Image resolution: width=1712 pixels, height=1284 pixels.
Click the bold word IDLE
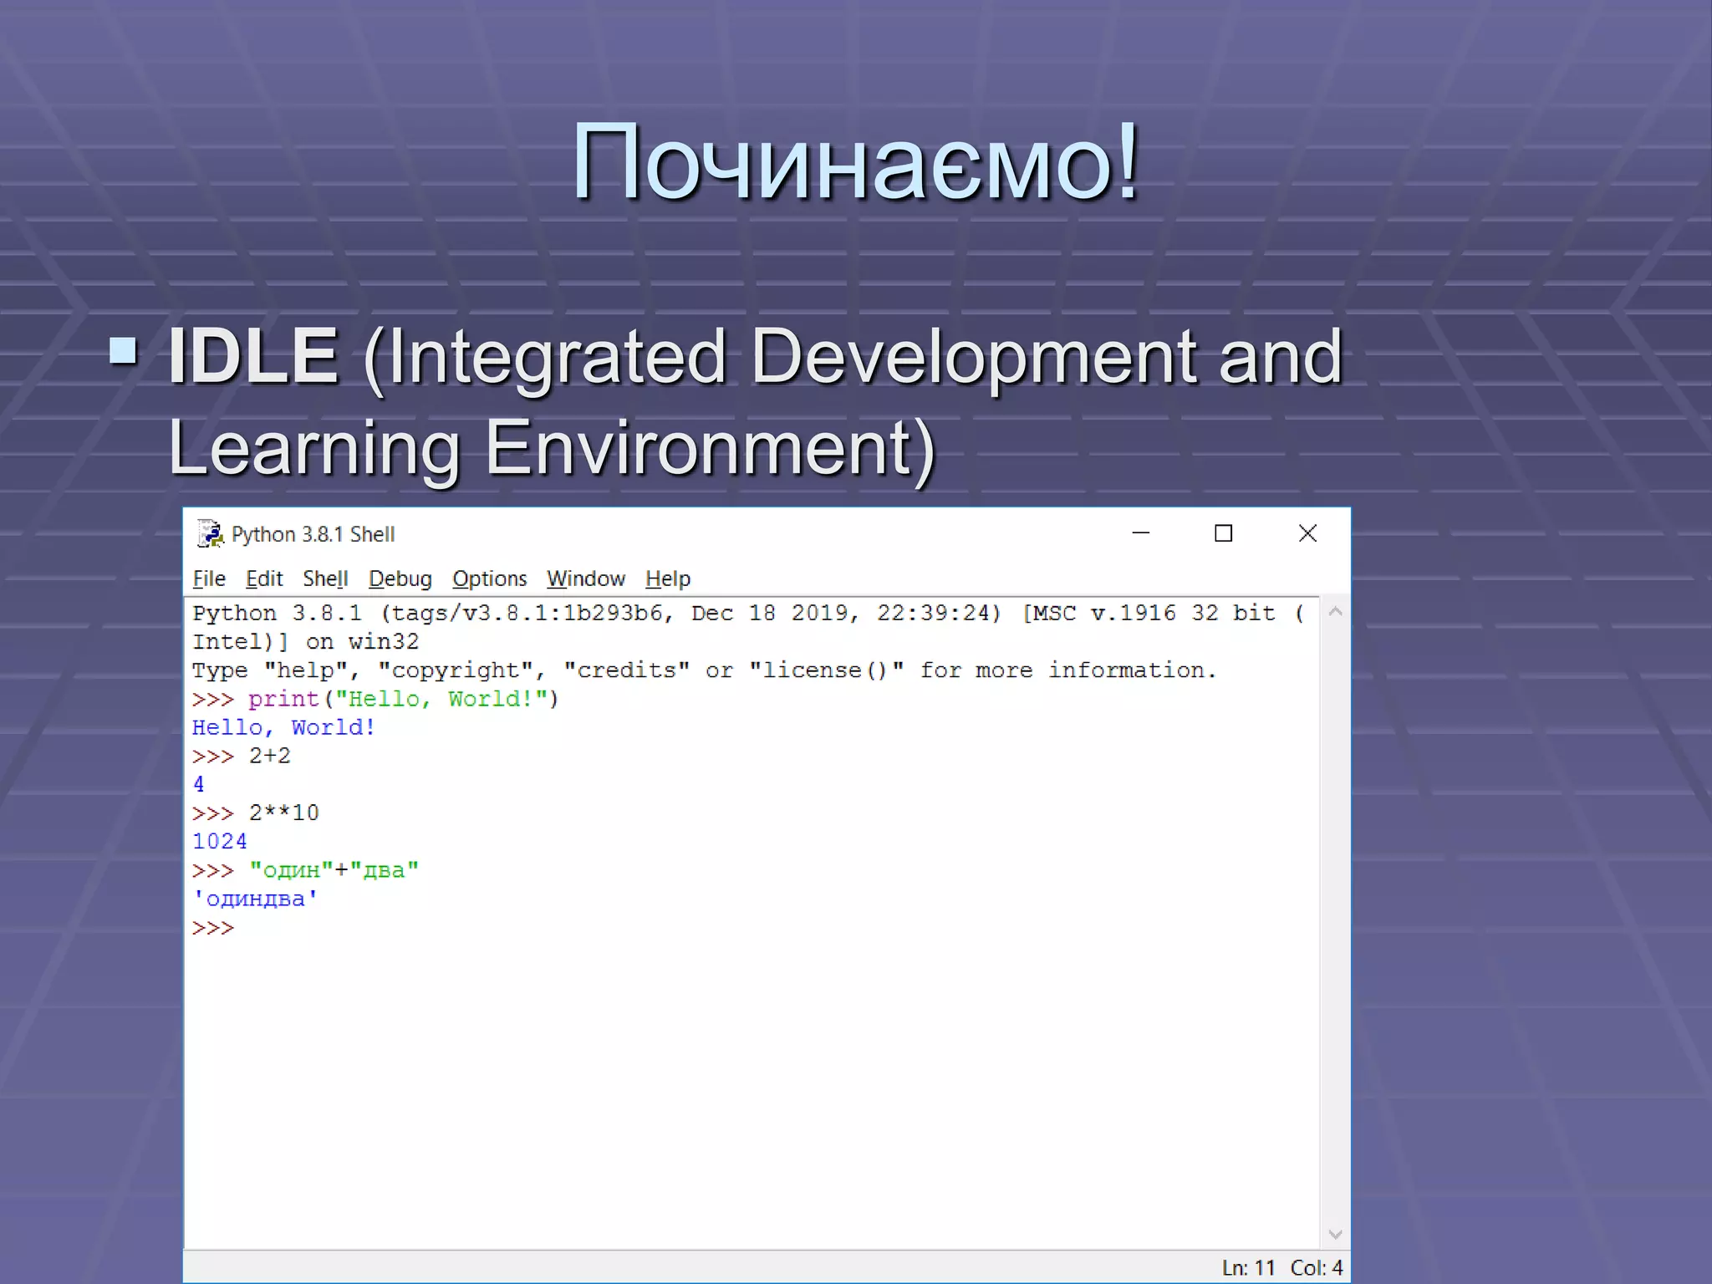click(253, 356)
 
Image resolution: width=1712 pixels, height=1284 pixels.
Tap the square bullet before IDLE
click(124, 350)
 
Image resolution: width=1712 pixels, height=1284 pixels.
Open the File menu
click(209, 578)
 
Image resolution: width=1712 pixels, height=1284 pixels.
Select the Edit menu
click(264, 578)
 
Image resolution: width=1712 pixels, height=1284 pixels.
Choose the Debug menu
click(400, 578)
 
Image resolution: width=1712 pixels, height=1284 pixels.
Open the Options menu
click(490, 578)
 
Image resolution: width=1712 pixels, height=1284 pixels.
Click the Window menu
click(586, 578)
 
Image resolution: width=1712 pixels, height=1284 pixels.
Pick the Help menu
click(668, 578)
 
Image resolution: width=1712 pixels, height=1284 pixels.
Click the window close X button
click(1307, 533)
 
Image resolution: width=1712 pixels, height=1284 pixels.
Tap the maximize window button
click(1224, 533)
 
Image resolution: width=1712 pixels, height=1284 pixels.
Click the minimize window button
click(1141, 533)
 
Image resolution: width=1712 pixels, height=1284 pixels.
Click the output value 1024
click(220, 842)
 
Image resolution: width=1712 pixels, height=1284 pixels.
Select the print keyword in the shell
click(284, 699)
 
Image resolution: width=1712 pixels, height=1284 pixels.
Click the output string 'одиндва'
click(255, 899)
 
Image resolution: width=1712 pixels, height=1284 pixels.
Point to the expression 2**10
click(284, 813)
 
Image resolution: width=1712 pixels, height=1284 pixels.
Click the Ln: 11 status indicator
click(1249, 1268)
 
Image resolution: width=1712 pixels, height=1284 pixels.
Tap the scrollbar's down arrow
click(1335, 1235)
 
